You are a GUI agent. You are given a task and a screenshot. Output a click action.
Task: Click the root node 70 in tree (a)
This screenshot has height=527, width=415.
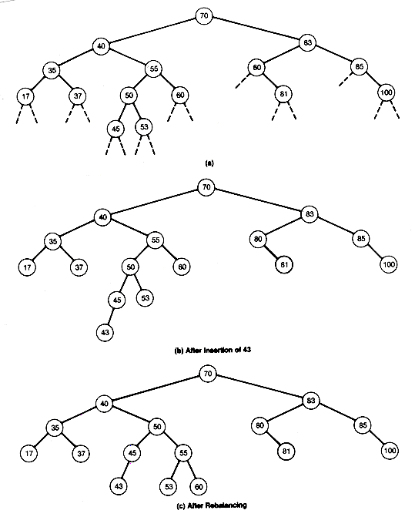click(x=204, y=15)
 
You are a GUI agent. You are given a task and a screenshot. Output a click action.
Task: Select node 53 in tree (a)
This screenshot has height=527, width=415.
click(x=144, y=127)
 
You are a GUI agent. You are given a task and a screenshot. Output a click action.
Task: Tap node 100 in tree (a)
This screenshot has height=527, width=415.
click(x=386, y=92)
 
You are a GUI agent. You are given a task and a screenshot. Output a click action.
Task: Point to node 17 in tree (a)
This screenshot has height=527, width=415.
click(x=25, y=96)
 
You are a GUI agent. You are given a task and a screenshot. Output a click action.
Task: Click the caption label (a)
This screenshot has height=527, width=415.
click(x=209, y=163)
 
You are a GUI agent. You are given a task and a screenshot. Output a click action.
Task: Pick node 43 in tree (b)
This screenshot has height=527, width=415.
click(x=105, y=332)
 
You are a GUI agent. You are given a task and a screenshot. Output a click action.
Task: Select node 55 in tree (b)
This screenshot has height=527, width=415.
click(x=155, y=240)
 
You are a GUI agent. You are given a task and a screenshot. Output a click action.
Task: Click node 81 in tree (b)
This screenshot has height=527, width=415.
click(x=284, y=264)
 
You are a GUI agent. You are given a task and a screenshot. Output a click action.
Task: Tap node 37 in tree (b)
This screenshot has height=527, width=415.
click(x=79, y=267)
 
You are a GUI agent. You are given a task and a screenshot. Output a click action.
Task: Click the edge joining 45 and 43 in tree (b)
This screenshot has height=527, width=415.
click(x=110, y=316)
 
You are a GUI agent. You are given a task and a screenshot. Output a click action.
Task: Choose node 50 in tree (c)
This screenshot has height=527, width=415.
click(x=157, y=427)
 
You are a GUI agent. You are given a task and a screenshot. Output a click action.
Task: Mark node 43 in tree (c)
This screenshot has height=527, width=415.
click(x=119, y=486)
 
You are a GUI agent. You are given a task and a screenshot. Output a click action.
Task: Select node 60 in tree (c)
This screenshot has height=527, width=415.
click(x=199, y=487)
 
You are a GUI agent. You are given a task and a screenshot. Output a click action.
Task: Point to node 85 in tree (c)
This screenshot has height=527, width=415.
click(x=363, y=425)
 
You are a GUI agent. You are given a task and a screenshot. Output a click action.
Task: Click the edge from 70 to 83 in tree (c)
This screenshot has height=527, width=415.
click(x=259, y=388)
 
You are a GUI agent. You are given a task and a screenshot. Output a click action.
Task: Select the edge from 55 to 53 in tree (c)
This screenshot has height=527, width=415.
click(x=176, y=469)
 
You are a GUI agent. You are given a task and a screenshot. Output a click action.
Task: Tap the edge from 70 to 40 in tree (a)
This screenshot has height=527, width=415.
click(x=152, y=30)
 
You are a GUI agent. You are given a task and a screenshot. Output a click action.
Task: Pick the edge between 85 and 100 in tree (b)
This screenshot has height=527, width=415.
click(x=375, y=251)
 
